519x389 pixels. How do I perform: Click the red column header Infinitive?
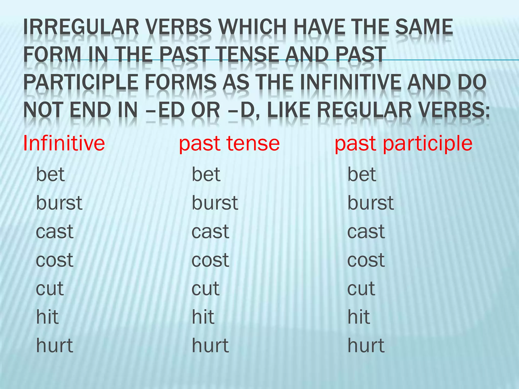tap(64, 143)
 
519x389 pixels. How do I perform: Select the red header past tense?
tap(229, 143)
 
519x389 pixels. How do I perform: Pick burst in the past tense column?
tap(215, 203)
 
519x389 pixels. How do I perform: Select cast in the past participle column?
tap(366, 231)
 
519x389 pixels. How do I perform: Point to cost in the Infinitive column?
tap(54, 260)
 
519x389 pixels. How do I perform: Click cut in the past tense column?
tap(205, 288)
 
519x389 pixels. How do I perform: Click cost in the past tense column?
tap(210, 260)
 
